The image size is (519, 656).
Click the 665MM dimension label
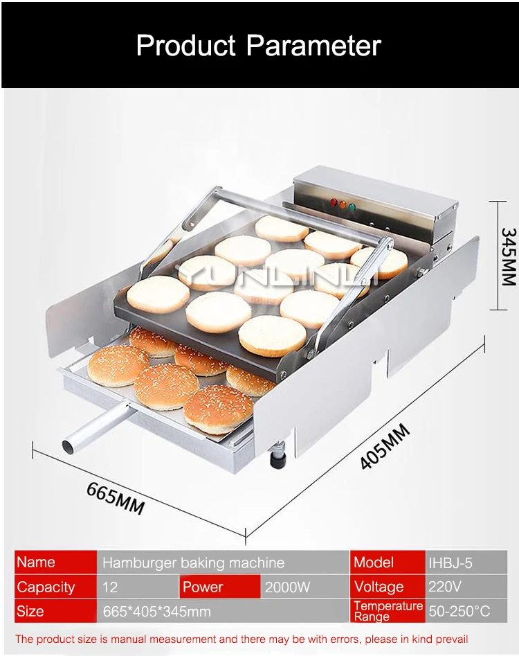116,499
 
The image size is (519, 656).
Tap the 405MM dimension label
385,447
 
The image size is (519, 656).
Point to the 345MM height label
509,256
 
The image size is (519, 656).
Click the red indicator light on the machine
334,202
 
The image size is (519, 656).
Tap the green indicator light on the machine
352,206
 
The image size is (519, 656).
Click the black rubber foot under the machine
278,459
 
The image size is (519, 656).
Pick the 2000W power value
288,587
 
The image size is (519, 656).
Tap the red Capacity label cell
55,587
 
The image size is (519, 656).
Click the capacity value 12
110,587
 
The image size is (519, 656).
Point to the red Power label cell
220,587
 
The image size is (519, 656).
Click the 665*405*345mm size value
156,612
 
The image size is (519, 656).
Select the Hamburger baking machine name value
194,562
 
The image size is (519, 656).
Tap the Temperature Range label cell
388,611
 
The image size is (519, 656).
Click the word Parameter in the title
313,45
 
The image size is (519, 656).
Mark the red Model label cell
388,562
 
